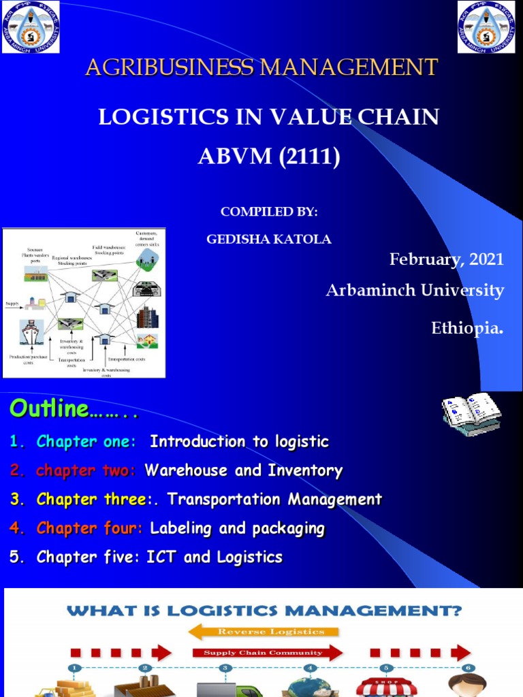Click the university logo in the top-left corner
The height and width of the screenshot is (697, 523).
(30, 27)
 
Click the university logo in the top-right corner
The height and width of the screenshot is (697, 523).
(486, 27)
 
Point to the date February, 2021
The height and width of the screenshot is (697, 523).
(446, 259)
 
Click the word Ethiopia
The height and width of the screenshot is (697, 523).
(467, 328)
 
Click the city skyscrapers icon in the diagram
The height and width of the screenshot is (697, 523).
(146, 317)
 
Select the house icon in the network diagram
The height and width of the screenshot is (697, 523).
(146, 340)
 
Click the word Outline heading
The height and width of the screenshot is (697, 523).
(49, 409)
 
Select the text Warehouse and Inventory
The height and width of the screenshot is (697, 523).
(244, 470)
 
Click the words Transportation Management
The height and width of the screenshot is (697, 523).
(274, 500)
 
